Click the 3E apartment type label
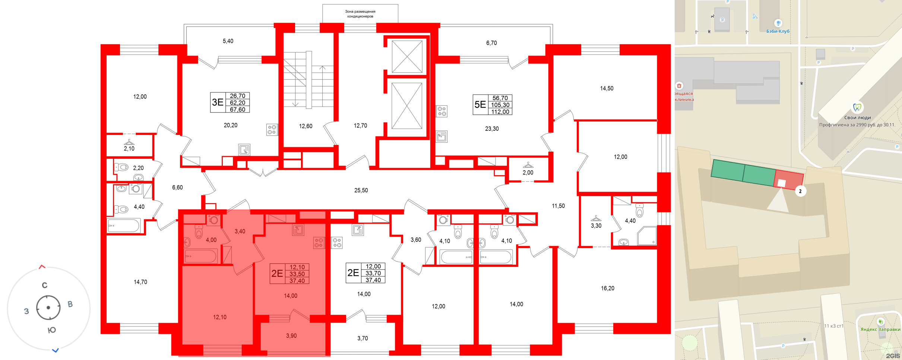[218, 102]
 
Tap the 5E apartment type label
[480, 105]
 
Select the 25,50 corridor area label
[361, 190]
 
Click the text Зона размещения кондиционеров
[360, 14]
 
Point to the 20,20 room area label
[231, 125]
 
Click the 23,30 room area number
[492, 129]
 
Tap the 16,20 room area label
[608, 288]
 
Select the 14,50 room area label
[607, 88]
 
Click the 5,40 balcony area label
[228, 41]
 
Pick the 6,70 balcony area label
[491, 43]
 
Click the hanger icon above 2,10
[129, 142]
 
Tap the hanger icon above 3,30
[596, 218]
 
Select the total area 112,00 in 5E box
[500, 112]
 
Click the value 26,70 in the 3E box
[238, 96]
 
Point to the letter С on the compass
[45, 285]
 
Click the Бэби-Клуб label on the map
[778, 31]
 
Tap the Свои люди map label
[857, 118]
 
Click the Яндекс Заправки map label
[880, 329]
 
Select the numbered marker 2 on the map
[800, 191]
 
